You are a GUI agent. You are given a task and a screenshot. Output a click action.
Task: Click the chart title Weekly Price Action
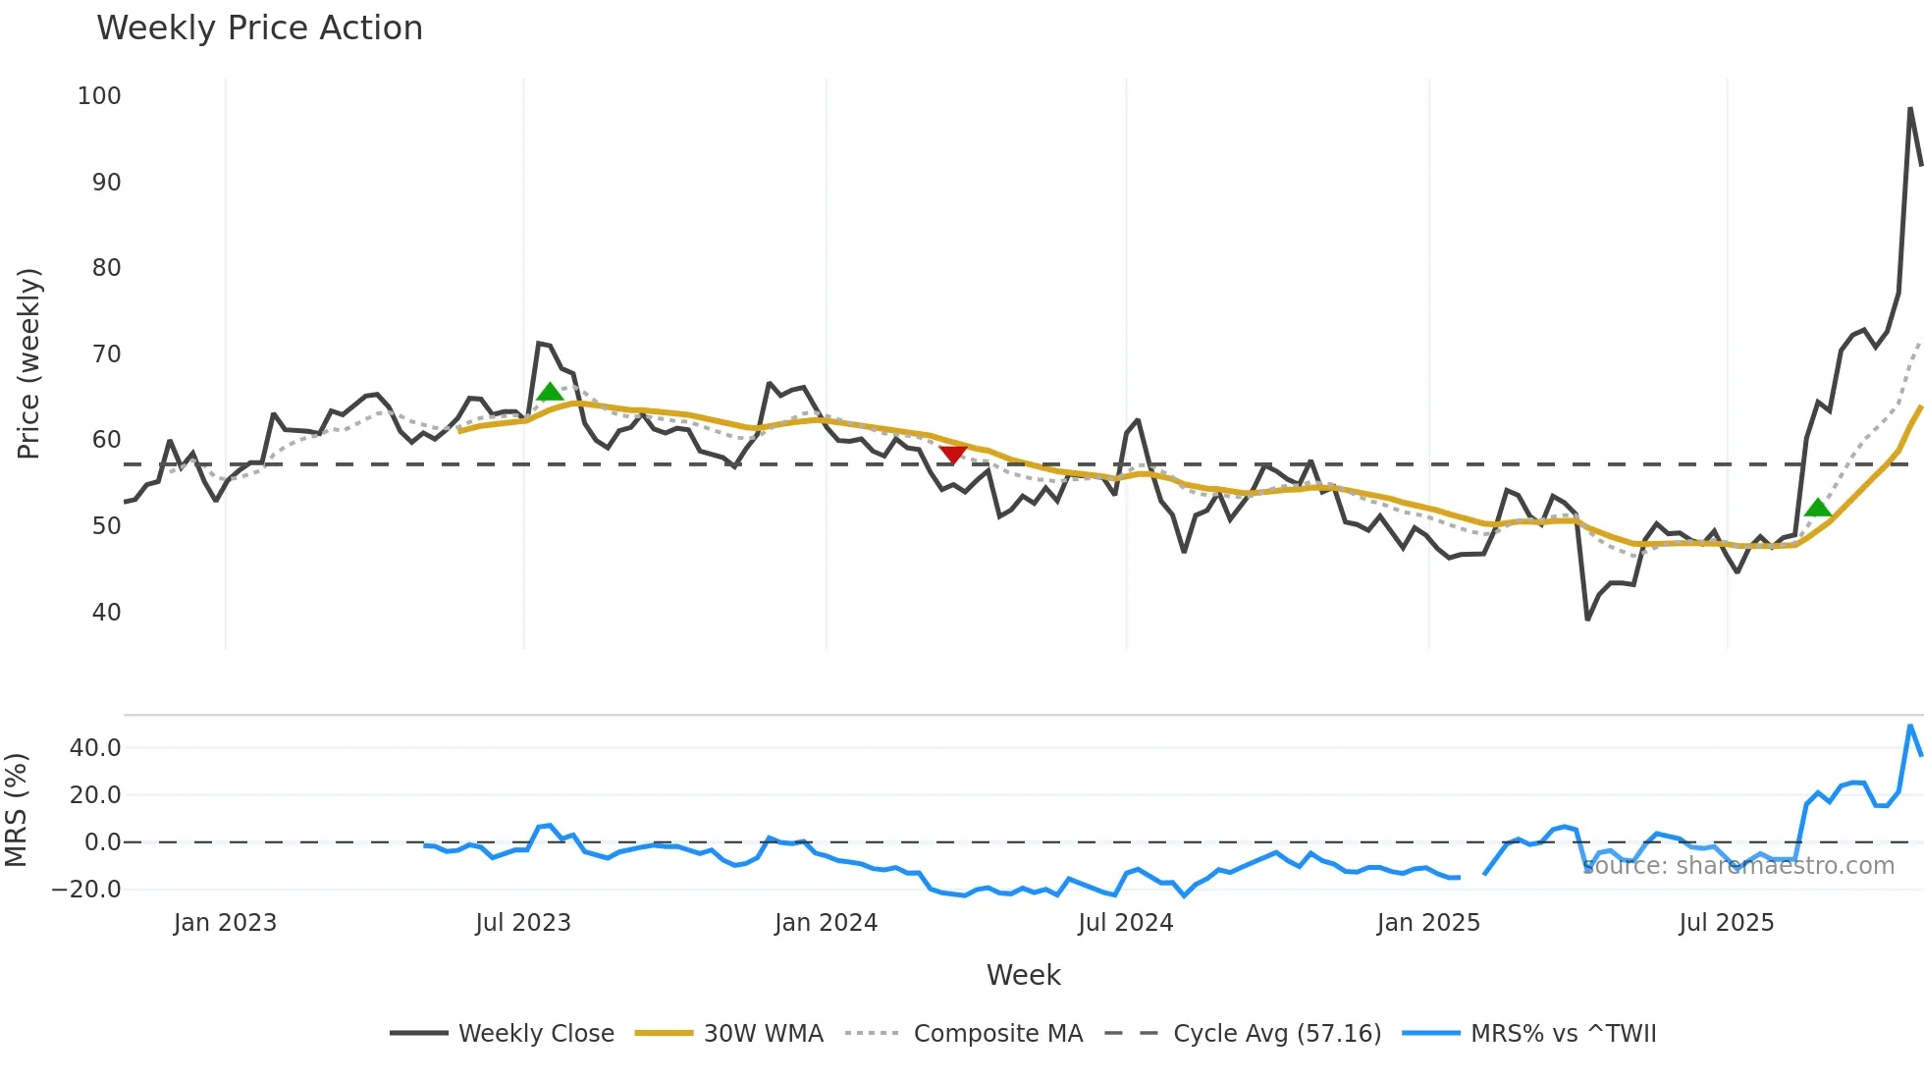click(259, 28)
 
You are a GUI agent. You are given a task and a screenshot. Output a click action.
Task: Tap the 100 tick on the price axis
click(99, 96)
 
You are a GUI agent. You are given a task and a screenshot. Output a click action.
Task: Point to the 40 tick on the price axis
click(106, 613)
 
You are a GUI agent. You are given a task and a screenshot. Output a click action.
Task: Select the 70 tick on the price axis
click(106, 354)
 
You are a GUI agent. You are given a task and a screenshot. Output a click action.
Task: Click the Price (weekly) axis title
click(28, 363)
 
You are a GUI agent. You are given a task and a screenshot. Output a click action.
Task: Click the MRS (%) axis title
click(16, 810)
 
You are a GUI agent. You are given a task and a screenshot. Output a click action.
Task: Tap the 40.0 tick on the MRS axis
click(95, 748)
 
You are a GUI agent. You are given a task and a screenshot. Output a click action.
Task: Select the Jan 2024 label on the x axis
click(826, 923)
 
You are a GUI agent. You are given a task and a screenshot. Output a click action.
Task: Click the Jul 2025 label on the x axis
click(1726, 923)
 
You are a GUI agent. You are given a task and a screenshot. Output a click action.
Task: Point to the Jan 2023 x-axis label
click(225, 923)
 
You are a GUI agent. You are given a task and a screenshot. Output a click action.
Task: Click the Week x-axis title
click(1023, 975)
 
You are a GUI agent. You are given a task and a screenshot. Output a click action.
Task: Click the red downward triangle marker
click(952, 454)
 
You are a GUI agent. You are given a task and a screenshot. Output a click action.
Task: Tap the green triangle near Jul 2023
click(550, 392)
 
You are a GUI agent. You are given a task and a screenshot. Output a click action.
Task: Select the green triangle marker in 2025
click(1817, 508)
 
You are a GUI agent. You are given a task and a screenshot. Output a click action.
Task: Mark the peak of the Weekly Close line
click(1910, 108)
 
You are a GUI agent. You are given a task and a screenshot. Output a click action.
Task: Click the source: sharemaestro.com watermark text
click(1738, 866)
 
